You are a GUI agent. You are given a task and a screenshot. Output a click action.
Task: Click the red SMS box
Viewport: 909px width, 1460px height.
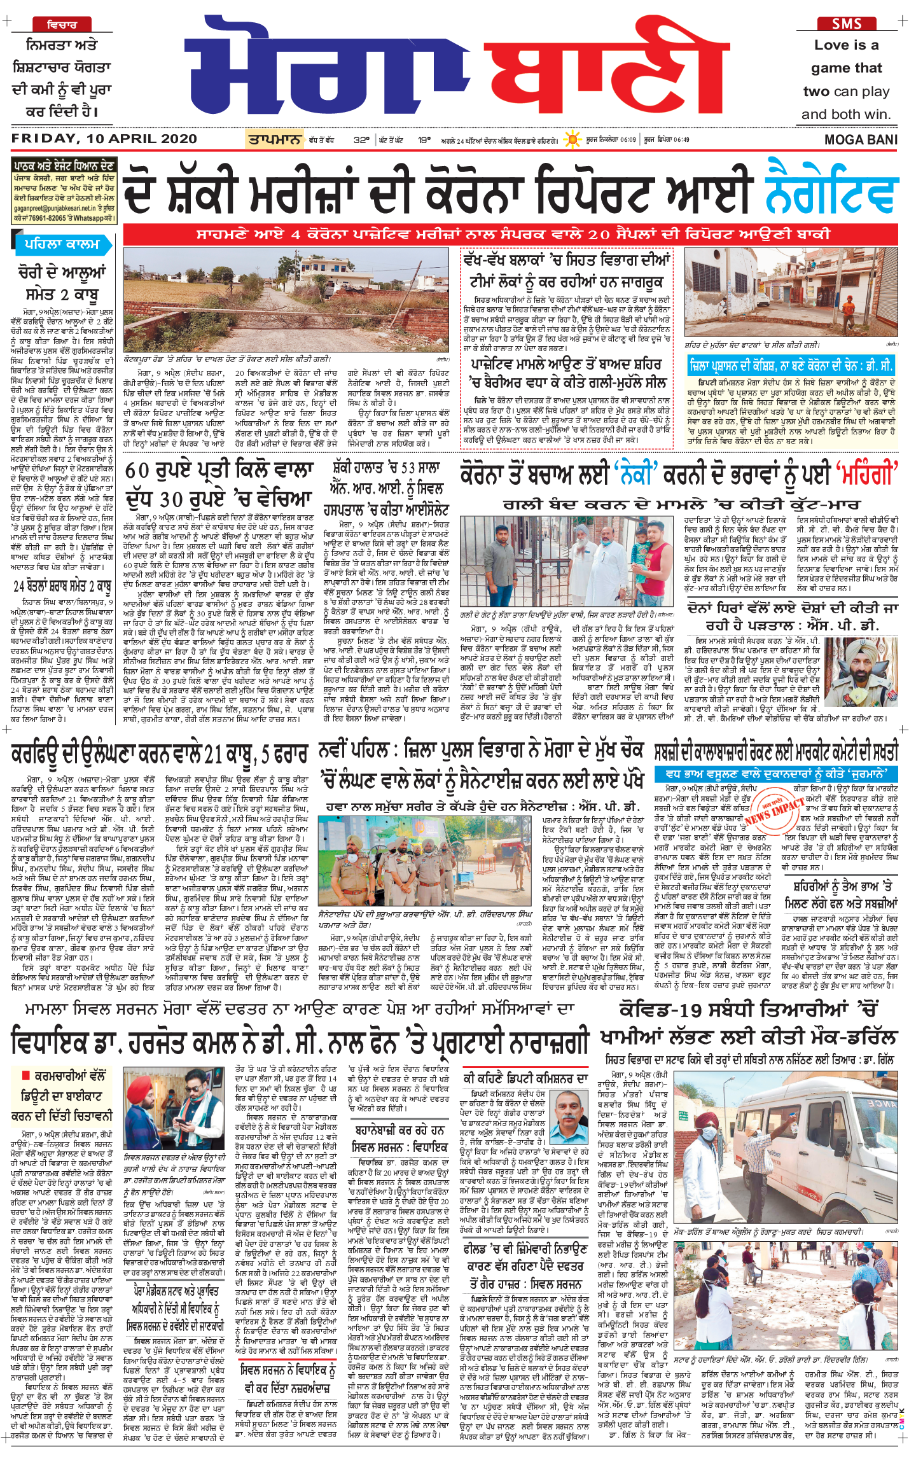(847, 24)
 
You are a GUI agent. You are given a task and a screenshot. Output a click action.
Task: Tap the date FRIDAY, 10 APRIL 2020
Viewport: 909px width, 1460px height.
(104, 139)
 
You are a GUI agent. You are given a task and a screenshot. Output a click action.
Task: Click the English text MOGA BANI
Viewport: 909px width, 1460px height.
(861, 140)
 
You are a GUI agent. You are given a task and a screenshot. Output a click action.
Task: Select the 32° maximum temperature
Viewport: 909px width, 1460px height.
(361, 140)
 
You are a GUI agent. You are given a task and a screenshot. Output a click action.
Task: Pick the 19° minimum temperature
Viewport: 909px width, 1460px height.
(424, 140)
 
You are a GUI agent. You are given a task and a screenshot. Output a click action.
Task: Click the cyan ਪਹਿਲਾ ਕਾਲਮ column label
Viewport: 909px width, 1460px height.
(62, 244)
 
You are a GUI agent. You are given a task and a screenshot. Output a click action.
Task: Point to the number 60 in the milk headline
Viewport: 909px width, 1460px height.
(138, 471)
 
